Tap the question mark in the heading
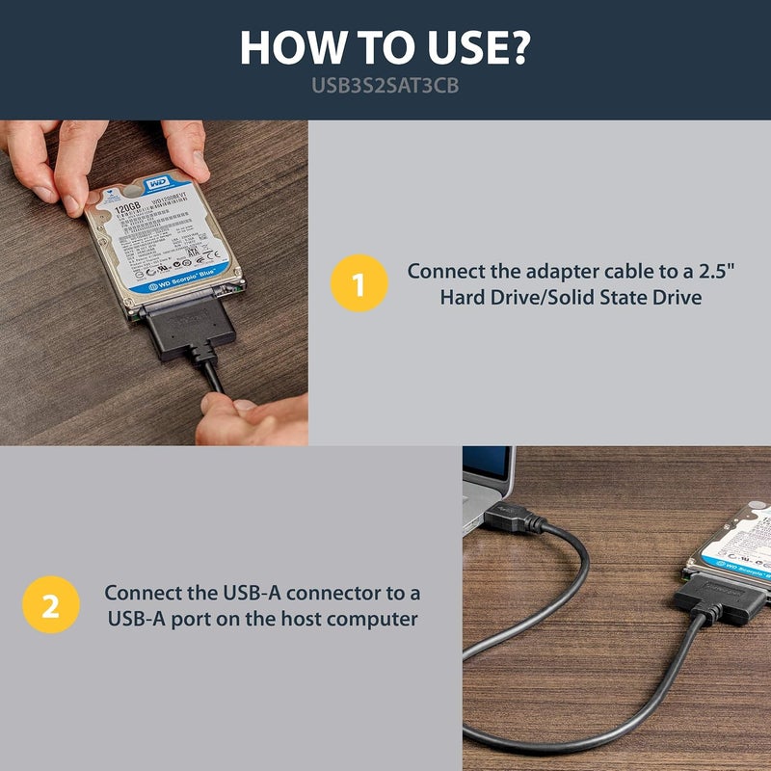(x=518, y=48)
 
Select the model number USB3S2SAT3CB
(x=385, y=85)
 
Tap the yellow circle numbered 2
(x=48, y=605)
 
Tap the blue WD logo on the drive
(x=154, y=183)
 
